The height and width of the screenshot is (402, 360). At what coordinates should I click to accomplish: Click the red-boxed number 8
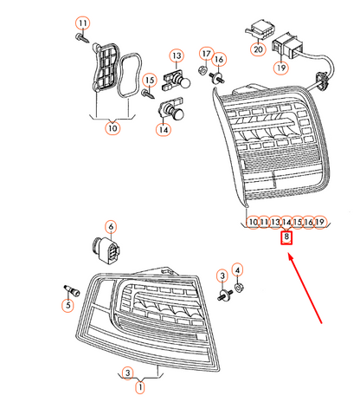click(286, 237)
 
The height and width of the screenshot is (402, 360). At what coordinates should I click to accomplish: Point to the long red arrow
click(305, 289)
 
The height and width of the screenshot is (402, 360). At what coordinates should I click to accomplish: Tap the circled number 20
click(258, 49)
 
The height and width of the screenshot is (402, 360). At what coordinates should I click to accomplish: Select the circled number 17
click(206, 55)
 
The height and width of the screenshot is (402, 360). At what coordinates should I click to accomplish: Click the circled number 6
click(112, 227)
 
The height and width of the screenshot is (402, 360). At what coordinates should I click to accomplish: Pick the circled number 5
click(68, 306)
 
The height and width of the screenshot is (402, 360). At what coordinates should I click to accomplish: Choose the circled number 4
click(237, 270)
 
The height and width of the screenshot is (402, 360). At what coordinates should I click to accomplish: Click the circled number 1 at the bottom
click(140, 387)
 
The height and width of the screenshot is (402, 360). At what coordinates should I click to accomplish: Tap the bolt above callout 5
click(72, 290)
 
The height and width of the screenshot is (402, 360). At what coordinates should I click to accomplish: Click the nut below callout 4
click(239, 287)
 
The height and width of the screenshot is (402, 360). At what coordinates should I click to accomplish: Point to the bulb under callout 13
click(177, 81)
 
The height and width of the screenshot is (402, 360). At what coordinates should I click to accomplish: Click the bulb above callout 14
click(170, 111)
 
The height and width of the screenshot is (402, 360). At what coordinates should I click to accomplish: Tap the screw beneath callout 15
click(148, 94)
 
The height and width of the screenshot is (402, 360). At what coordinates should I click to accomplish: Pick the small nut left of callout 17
click(202, 70)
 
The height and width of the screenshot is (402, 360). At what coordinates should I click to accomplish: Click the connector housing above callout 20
click(260, 29)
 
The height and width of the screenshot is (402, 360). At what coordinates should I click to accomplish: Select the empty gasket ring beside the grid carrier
click(129, 75)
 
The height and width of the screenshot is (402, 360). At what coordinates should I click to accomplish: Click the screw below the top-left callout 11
click(81, 38)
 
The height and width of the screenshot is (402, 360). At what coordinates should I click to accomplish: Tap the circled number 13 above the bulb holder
click(177, 55)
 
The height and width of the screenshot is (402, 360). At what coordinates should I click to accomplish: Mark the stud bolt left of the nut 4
click(224, 295)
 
